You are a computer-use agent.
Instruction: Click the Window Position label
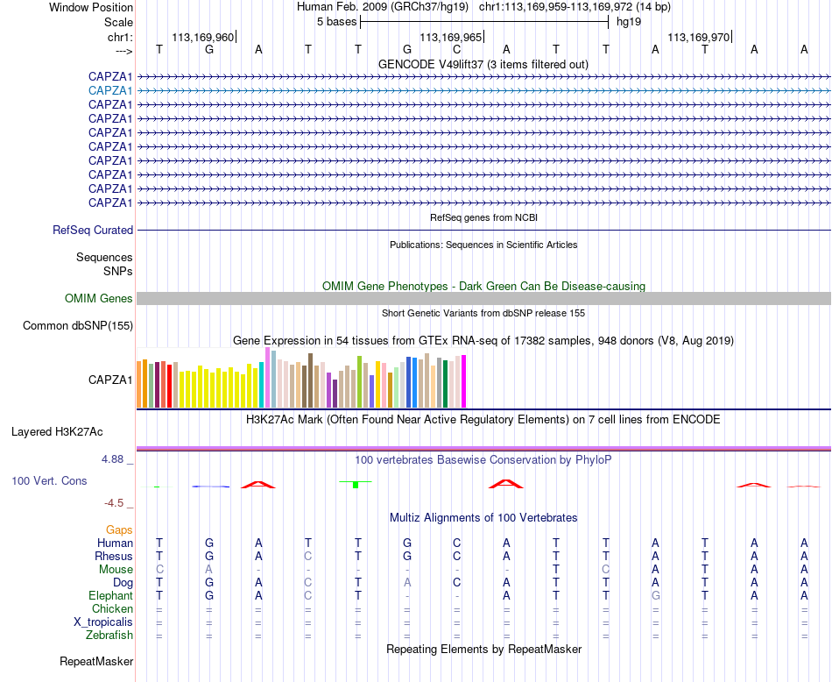point(91,7)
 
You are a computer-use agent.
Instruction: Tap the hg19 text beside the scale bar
point(629,22)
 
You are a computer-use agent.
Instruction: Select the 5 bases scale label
point(337,22)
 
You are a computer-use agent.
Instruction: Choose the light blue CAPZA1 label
point(110,91)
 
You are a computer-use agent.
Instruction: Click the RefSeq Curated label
point(93,230)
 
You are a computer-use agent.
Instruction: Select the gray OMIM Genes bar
point(483,299)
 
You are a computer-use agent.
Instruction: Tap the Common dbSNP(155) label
point(78,325)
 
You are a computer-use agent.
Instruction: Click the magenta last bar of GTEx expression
point(464,381)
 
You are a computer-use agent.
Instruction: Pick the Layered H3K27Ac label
point(57,432)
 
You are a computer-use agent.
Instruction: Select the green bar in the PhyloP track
point(356,485)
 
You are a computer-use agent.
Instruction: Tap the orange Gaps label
point(119,529)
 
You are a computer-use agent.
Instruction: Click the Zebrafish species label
point(109,635)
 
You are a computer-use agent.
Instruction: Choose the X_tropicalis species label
point(103,622)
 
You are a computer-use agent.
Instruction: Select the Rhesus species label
point(114,556)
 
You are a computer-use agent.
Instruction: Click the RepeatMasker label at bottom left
point(96,661)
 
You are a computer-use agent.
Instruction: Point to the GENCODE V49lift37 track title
point(483,64)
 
